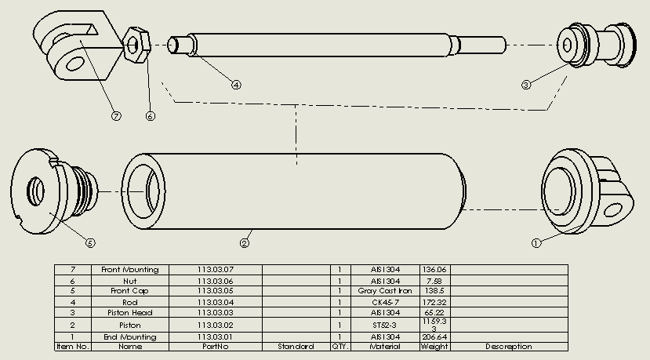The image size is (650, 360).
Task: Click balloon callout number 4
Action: (x=236, y=85)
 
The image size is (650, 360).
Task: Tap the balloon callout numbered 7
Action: (x=117, y=116)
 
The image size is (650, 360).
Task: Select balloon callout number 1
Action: (x=536, y=243)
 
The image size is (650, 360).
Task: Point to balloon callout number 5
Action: (x=90, y=242)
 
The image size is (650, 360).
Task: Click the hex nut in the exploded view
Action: (x=137, y=45)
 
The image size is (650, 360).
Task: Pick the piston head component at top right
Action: (x=596, y=45)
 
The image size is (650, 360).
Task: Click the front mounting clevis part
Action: (x=77, y=45)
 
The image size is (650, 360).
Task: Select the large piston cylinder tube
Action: (x=293, y=191)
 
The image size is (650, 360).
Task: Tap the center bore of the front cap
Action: (x=36, y=191)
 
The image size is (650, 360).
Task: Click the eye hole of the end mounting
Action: (x=613, y=210)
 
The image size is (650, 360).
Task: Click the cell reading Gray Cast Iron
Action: (x=385, y=291)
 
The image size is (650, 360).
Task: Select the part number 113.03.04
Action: (x=215, y=302)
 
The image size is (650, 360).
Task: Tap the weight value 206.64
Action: (x=434, y=336)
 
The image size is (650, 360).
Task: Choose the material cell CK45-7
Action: (x=385, y=302)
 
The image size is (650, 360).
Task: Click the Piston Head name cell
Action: (x=129, y=313)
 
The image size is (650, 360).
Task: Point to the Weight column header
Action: (x=434, y=347)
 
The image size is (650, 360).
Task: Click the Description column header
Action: (x=509, y=347)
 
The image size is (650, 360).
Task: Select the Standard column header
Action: (x=296, y=347)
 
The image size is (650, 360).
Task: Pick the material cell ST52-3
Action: (x=384, y=325)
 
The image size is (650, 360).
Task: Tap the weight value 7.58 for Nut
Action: (x=434, y=282)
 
